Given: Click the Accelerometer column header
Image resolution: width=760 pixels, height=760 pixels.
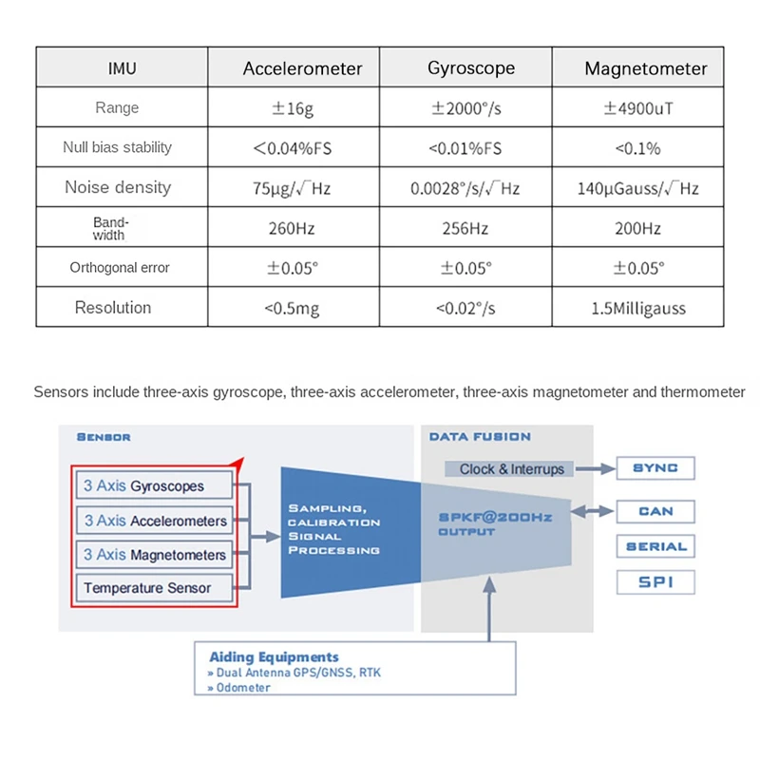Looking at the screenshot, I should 302,68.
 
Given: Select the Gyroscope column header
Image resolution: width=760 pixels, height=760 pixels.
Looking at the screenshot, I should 471,68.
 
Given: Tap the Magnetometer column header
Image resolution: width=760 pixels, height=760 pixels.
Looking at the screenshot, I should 646,68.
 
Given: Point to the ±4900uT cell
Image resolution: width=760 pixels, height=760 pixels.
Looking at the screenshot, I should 638,108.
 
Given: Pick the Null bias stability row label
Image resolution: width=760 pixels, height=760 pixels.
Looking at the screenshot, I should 118,148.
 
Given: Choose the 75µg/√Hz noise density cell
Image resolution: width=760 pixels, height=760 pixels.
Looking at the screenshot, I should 292,188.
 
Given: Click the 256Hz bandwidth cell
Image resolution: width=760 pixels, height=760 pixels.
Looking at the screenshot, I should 465,229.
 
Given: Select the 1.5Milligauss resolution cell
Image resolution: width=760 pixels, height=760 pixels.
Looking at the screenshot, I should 638,308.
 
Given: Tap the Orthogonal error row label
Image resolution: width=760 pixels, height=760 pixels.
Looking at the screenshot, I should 120,268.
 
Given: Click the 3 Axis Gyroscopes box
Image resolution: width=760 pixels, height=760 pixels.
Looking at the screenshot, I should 153,486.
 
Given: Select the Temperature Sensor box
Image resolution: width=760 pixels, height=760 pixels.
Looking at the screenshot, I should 153,588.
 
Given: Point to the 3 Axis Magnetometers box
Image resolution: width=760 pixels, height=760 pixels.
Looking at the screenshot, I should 153,555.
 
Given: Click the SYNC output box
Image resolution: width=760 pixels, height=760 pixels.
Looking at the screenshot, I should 655,468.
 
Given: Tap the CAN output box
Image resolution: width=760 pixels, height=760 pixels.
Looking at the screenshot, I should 655,511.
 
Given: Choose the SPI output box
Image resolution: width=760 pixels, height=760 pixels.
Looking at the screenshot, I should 655,581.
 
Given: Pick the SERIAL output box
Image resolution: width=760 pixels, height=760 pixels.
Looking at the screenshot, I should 655,546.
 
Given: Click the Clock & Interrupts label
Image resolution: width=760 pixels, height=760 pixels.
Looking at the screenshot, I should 511,468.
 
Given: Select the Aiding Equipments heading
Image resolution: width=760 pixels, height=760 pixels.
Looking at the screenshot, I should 273,656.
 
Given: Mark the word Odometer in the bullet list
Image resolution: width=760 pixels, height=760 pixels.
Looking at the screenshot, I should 242,687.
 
